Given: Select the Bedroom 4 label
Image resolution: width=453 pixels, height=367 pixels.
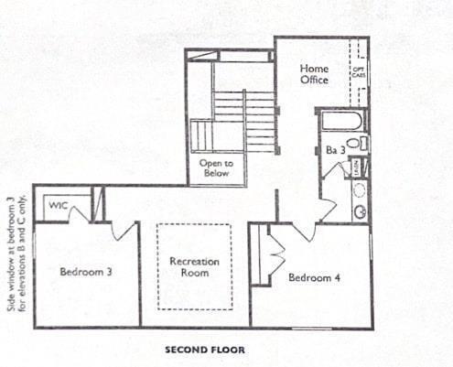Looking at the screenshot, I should point(315,277).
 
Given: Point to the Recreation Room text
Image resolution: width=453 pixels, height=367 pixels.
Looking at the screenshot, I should point(194,266).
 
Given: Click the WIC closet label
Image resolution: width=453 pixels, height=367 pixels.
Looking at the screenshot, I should point(59,205).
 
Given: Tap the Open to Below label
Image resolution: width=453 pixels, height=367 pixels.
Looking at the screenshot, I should point(217,168).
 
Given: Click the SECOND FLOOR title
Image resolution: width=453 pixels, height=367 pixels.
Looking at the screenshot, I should point(204,349).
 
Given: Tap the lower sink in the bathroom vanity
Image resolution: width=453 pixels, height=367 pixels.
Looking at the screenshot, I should point(360,211).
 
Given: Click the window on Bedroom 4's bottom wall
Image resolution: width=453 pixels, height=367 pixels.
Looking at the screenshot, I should point(311,328).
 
